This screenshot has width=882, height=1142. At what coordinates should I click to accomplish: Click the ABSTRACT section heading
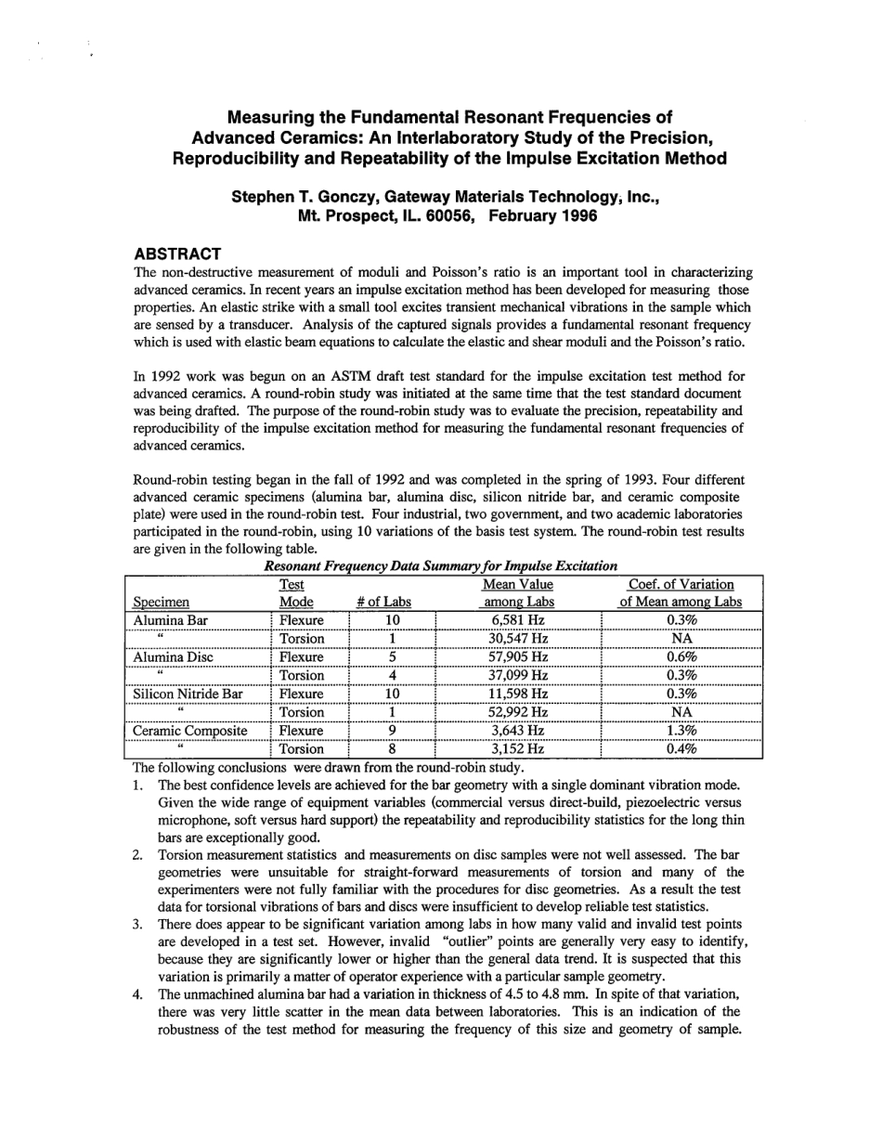click(x=177, y=254)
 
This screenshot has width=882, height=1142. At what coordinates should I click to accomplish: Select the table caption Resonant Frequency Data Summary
click(x=441, y=565)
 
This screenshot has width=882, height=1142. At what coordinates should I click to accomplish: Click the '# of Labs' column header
click(x=383, y=602)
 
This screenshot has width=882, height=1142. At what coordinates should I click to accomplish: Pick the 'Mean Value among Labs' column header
click(x=517, y=593)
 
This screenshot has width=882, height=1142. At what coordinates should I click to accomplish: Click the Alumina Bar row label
click(x=171, y=620)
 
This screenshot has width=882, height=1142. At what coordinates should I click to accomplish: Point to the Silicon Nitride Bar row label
click(x=188, y=694)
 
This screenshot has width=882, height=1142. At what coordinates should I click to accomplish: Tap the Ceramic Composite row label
click(x=190, y=731)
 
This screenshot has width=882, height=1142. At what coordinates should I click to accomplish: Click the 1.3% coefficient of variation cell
click(x=681, y=731)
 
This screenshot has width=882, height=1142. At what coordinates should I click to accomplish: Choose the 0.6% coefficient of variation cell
click(x=681, y=657)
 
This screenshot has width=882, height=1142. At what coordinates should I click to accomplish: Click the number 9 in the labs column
click(x=392, y=731)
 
